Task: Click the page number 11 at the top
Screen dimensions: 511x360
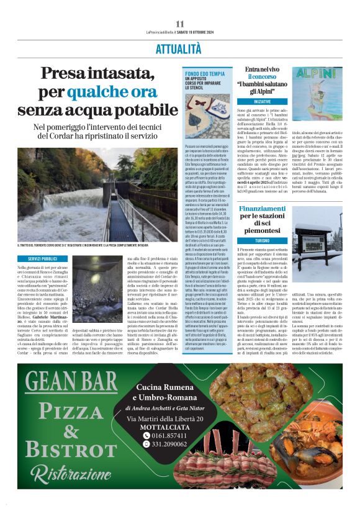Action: click(180, 24)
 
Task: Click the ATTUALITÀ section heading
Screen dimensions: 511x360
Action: click(179, 48)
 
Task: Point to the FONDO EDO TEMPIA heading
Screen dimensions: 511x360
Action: click(205, 74)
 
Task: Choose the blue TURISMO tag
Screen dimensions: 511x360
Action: click(263, 240)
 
